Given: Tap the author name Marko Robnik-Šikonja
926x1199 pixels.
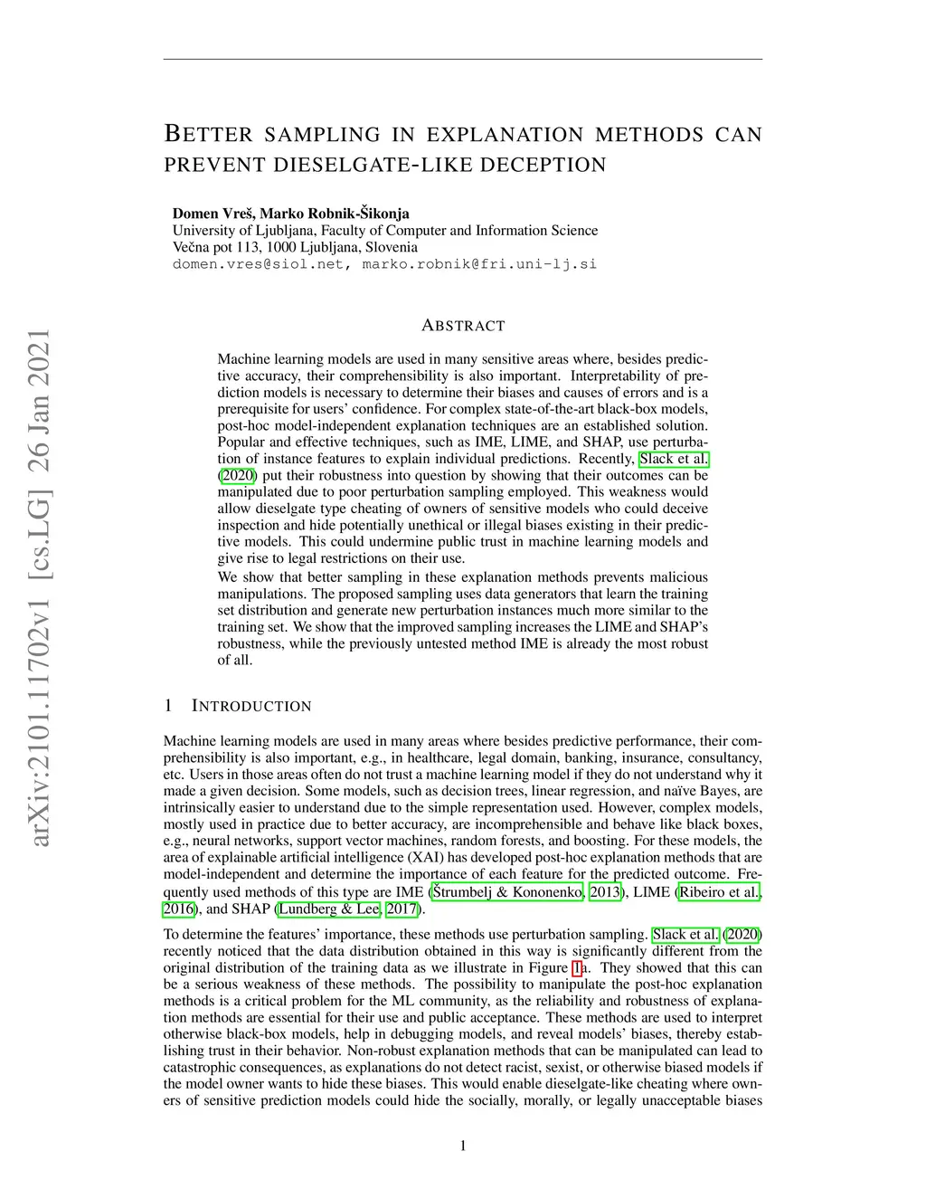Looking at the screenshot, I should click(335, 214).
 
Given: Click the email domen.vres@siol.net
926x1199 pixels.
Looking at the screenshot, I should click(259, 264).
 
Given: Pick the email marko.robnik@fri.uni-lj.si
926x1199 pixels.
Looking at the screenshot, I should click(479, 264).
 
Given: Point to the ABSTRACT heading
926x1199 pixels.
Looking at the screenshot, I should click(463, 326).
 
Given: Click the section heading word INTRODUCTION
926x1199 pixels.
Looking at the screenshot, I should click(252, 707).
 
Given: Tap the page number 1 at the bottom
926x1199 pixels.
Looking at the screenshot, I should click(463, 1147).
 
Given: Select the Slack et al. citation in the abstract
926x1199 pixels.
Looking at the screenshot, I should click(674, 459).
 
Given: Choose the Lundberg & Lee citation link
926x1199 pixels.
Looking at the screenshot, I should click(329, 909).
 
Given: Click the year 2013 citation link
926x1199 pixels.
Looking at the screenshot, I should click(605, 892).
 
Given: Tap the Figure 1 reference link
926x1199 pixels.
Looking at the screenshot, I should click(576, 968).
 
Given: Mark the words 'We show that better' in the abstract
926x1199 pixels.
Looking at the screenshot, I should click(278, 577).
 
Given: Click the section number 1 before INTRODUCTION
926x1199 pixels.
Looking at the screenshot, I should click(168, 707).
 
